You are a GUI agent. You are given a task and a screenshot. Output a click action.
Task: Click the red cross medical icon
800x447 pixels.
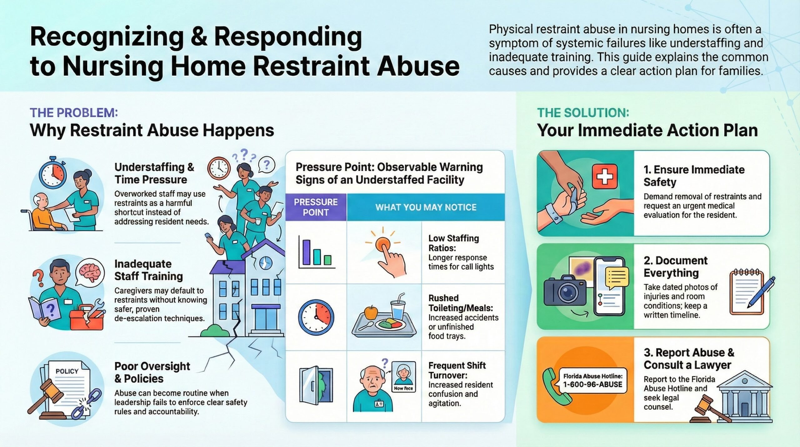click(605, 176)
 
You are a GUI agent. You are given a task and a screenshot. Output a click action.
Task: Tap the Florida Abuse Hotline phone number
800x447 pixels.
click(592, 384)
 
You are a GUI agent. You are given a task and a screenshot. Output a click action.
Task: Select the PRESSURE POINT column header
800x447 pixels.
click(316, 207)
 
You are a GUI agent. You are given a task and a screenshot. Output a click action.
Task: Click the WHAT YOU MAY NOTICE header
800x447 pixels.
click(426, 207)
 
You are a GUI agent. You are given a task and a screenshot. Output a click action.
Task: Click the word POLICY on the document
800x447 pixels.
click(67, 371)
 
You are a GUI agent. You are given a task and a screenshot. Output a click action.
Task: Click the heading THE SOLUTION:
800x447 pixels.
click(583, 113)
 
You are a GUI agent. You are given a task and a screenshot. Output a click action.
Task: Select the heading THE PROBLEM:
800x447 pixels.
click(74, 113)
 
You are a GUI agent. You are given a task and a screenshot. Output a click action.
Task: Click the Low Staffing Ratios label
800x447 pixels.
click(453, 243)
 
